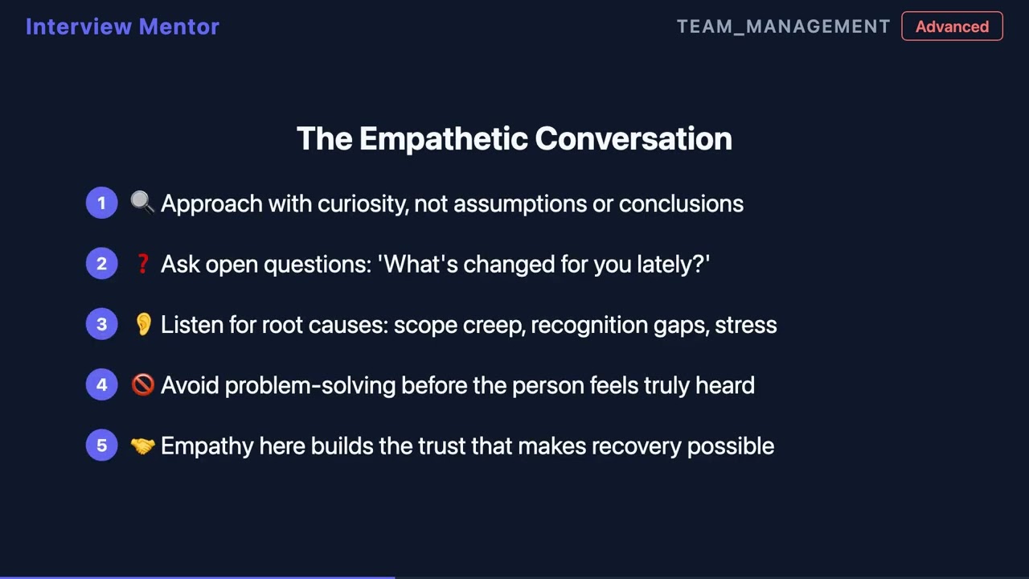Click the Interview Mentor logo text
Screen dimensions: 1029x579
point(123,27)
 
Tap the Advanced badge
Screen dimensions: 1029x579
point(952,27)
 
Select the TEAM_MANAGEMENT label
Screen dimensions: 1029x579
point(784,27)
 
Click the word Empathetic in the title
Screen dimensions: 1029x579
point(443,139)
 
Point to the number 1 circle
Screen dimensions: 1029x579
point(102,203)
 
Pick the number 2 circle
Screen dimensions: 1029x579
point(102,263)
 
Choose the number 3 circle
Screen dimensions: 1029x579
point(102,324)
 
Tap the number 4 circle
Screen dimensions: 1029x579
point(102,384)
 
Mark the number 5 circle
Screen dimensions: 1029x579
point(102,446)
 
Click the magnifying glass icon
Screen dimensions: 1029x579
point(142,203)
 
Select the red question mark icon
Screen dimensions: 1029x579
point(143,264)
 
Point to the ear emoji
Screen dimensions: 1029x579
point(143,324)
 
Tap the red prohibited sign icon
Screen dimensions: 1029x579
point(142,384)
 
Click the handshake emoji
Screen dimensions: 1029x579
point(142,446)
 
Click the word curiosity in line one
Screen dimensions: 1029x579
point(363,204)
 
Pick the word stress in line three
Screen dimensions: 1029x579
point(746,326)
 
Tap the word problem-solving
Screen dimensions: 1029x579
point(310,385)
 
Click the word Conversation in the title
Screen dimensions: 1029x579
point(633,139)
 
